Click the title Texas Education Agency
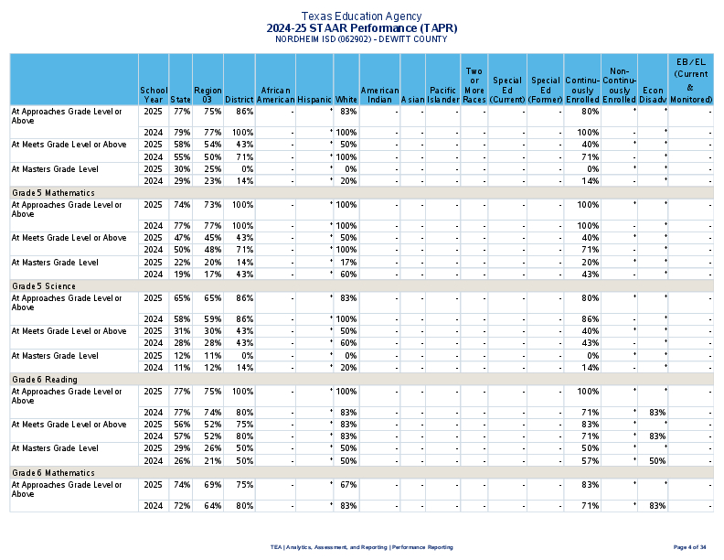point(361,16)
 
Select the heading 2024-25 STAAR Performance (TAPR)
point(361,28)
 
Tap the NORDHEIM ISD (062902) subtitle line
point(361,39)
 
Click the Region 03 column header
point(208,93)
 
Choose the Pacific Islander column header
point(442,94)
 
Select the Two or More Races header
point(474,85)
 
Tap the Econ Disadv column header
point(653,94)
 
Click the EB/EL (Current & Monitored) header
point(690,79)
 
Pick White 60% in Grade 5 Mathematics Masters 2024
point(346,274)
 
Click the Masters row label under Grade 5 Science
point(54,355)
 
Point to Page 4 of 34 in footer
point(689,547)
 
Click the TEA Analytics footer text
point(361,547)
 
